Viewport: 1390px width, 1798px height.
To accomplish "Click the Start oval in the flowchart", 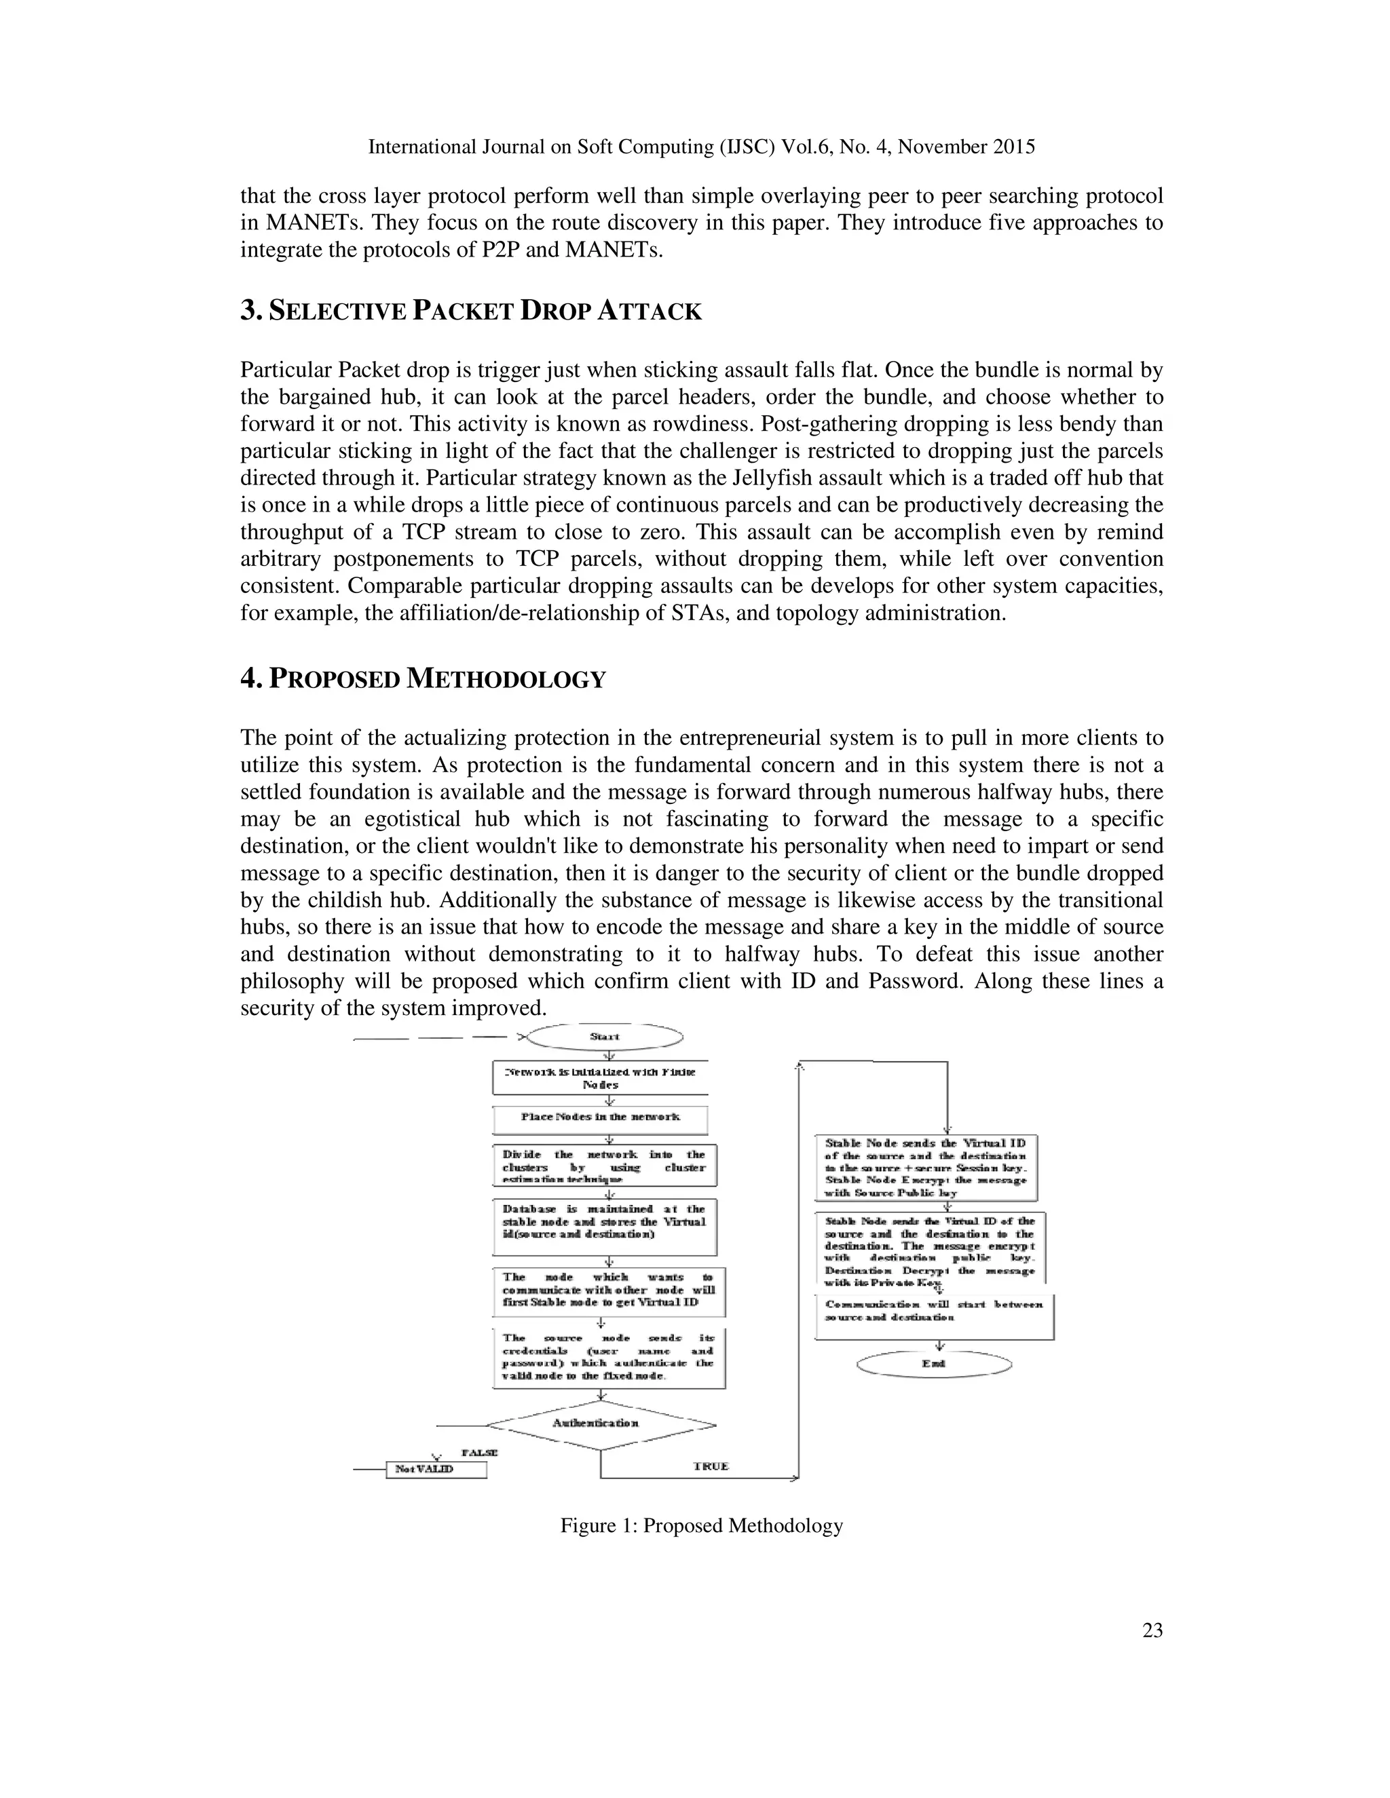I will point(605,1037).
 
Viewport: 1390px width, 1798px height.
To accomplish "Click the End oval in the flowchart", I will point(934,1364).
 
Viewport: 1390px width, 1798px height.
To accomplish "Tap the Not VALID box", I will point(436,1470).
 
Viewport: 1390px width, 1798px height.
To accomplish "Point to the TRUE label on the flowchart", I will point(711,1466).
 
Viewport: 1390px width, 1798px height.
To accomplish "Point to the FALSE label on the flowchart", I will point(479,1453).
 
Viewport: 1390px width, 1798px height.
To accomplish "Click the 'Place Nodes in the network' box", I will point(600,1117).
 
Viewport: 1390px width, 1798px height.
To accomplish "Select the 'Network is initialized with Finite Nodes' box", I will point(600,1077).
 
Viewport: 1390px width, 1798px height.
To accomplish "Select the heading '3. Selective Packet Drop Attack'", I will point(471,311).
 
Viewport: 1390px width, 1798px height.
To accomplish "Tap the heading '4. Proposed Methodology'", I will point(424,679).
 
